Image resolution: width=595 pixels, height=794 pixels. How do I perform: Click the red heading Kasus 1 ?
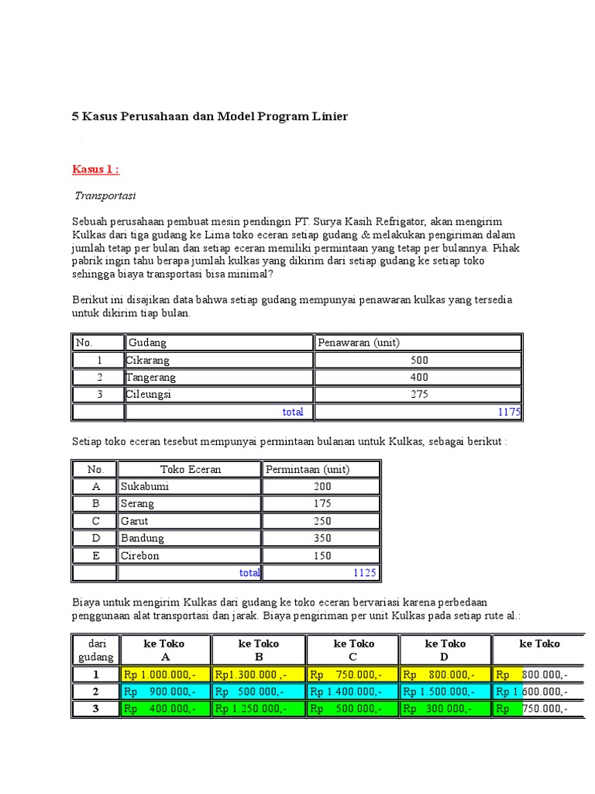point(96,169)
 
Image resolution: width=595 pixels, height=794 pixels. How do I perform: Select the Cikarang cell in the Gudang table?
point(148,361)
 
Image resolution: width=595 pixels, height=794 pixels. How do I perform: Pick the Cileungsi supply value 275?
point(419,395)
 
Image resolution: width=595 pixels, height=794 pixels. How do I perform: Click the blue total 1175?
point(510,412)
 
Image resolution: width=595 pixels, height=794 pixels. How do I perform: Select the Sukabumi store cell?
point(145,487)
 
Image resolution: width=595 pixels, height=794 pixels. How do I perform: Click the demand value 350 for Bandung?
point(322,538)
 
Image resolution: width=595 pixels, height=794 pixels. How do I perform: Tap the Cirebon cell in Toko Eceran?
point(140,555)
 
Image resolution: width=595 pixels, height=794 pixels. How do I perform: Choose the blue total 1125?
point(364,573)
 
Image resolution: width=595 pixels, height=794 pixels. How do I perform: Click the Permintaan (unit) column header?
point(308,469)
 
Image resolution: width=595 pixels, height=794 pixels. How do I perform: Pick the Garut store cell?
point(136,521)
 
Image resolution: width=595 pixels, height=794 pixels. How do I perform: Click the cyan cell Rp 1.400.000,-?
point(345,692)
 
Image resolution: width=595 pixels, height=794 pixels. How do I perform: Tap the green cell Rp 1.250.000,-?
point(251,709)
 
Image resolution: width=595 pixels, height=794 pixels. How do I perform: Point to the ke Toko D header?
point(445,650)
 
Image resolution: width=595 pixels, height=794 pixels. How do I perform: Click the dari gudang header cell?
point(96,650)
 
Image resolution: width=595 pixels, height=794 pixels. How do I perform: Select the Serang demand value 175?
point(322,504)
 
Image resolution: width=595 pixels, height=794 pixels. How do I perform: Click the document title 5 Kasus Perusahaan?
point(210,116)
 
